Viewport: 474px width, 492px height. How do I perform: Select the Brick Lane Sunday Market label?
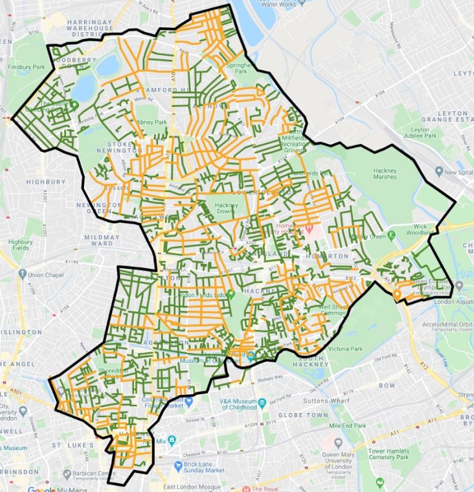tap(205, 467)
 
